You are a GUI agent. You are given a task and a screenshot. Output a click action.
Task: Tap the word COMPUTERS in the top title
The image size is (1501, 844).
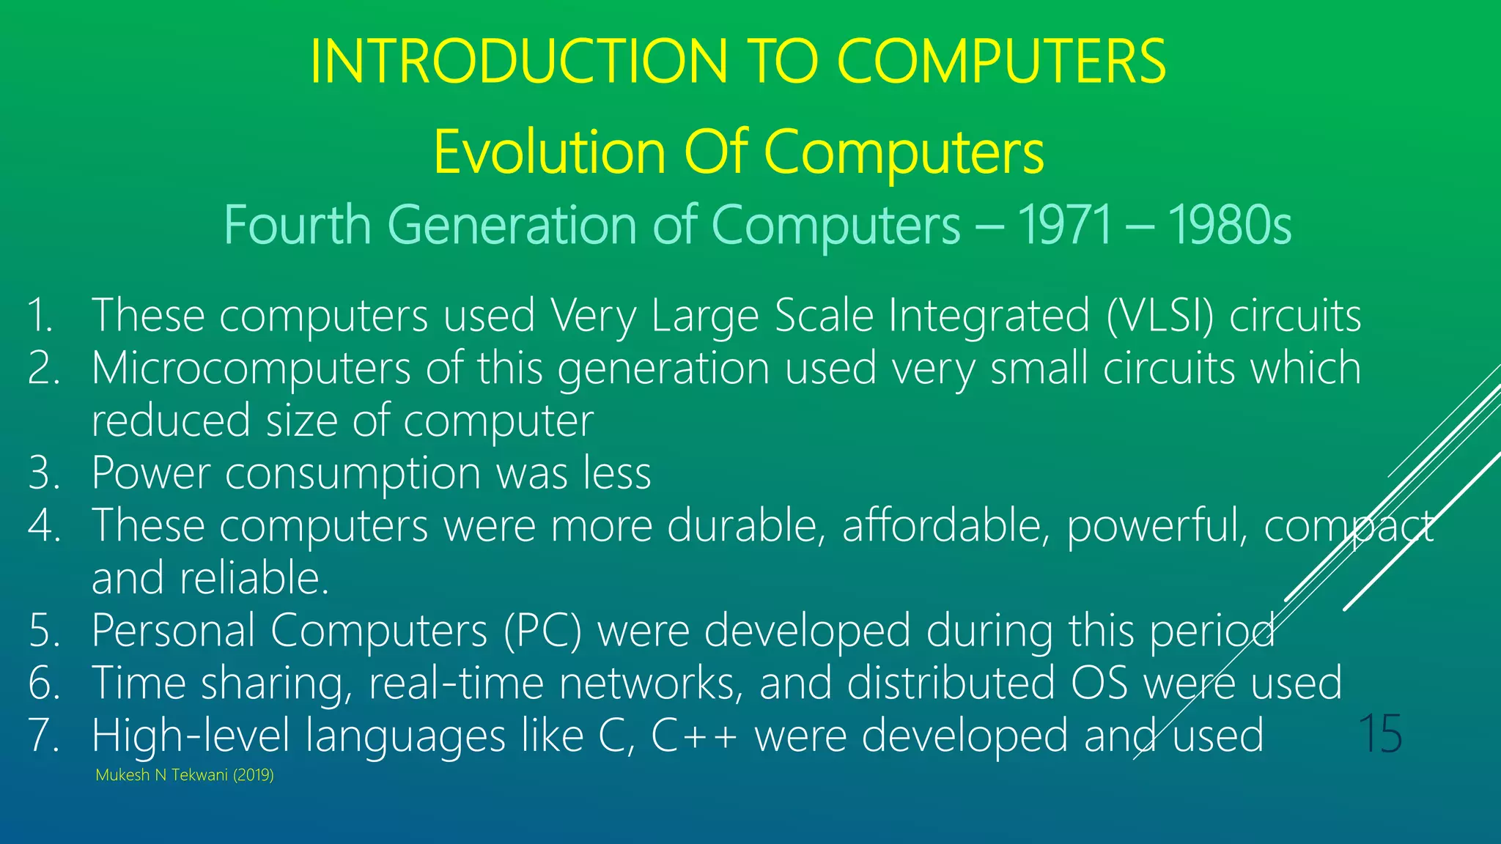tap(1001, 62)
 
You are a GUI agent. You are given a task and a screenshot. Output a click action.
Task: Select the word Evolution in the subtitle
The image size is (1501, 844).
tap(550, 152)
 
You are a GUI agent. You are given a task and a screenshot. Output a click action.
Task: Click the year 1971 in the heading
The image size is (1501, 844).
tap(1065, 225)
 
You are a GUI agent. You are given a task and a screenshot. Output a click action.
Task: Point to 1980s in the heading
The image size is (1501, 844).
tap(1230, 225)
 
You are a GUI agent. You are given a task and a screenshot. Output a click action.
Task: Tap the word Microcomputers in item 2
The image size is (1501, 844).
tap(251, 369)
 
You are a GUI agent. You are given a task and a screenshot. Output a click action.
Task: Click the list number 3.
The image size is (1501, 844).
tap(43, 473)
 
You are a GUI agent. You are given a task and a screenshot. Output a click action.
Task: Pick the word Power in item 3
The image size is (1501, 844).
tap(151, 473)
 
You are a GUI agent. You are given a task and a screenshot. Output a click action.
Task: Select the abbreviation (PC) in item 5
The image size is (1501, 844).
tap(542, 631)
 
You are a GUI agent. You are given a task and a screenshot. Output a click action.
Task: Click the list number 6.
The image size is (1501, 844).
tap(43, 684)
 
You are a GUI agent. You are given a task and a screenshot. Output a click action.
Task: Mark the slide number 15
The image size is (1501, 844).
tap(1380, 733)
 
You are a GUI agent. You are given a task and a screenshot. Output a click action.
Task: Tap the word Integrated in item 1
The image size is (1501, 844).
tap(989, 316)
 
